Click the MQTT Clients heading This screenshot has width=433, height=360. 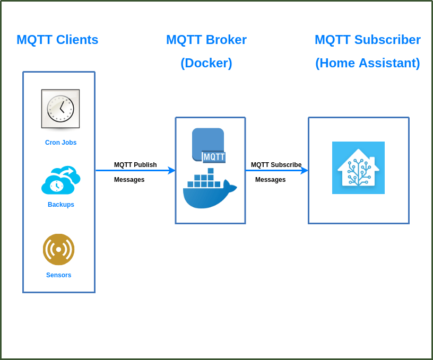coord(57,40)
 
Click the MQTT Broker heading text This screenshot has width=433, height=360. coord(206,40)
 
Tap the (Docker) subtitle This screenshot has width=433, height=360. coord(206,63)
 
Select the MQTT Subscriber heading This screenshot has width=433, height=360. coord(367,40)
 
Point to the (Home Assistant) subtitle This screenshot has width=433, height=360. coord(367,63)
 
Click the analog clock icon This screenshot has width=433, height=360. coord(60,109)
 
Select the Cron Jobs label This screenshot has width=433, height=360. coord(60,143)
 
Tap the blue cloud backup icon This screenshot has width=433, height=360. coord(60,181)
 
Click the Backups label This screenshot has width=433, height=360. coord(60,205)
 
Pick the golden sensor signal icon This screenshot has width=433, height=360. coord(58,249)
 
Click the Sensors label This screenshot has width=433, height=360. coord(58,275)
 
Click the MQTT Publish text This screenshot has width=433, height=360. coord(135,165)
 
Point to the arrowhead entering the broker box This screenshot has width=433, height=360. coord(171,170)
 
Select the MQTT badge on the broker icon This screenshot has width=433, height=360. coord(214,157)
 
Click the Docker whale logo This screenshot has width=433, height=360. coord(209,190)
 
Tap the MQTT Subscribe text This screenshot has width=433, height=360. coord(276,165)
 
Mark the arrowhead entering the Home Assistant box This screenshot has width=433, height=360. coord(304,170)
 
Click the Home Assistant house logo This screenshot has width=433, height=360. coord(358,168)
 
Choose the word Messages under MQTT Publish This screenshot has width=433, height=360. coord(129,180)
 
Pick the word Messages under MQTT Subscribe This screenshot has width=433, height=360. coord(270,180)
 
